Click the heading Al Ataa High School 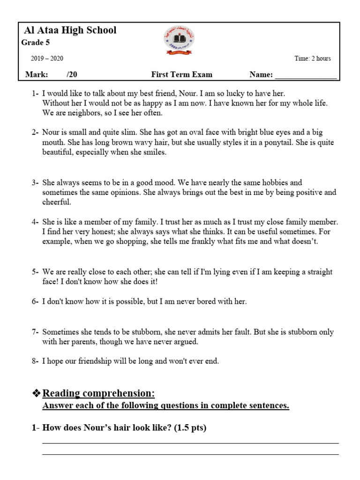[x=70, y=31]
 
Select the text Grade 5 [x=35, y=43]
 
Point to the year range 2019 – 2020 [x=47, y=59]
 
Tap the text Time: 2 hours [x=313, y=59]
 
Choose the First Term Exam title [x=181, y=75]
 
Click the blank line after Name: [x=305, y=75]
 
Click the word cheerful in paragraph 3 [x=56, y=202]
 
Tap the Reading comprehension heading [x=98, y=393]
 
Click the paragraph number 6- [x=35, y=302]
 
